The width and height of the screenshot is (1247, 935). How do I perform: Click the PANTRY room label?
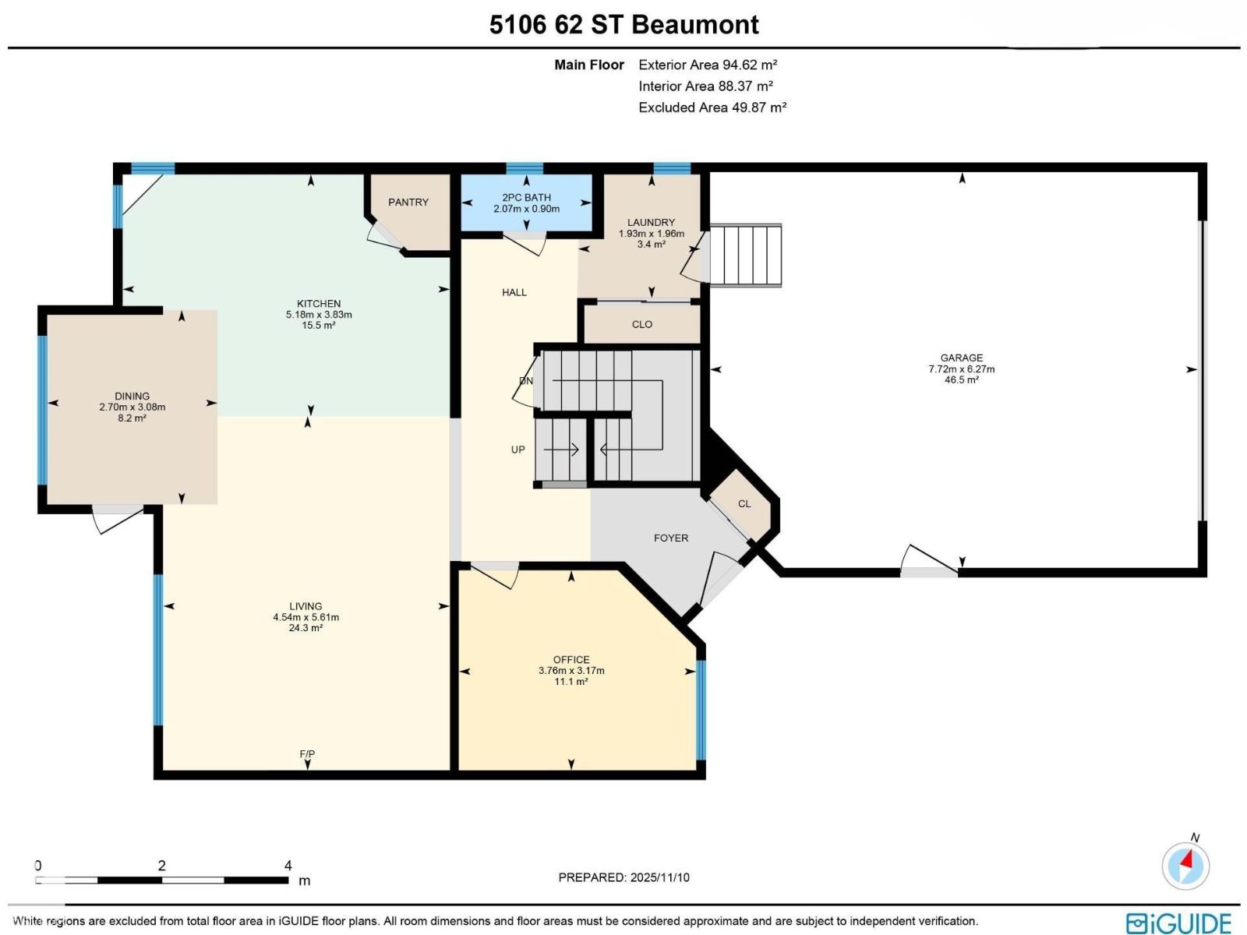tap(408, 203)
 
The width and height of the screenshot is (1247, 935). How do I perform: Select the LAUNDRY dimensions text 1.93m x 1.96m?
tap(651, 234)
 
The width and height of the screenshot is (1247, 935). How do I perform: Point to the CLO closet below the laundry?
tap(641, 324)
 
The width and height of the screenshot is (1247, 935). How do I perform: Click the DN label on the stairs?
tap(526, 381)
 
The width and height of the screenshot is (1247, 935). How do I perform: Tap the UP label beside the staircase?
tap(518, 450)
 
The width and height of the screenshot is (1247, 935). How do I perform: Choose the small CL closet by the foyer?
tap(744, 504)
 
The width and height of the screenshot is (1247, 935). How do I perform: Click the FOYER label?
tap(670, 538)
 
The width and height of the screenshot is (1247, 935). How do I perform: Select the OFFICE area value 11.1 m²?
tap(571, 682)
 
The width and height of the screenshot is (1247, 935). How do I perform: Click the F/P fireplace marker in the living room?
tap(307, 754)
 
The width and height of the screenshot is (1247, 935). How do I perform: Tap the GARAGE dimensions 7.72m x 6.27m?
tap(961, 369)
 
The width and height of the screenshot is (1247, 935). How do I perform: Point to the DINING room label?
tap(132, 396)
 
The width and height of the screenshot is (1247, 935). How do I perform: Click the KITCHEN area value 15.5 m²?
tap(318, 326)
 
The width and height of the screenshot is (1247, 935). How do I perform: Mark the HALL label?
tap(514, 292)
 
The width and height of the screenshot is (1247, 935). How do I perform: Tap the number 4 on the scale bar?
tap(288, 866)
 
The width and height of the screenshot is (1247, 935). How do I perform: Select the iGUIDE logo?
tap(1178, 923)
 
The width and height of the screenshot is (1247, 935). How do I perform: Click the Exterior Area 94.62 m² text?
tap(707, 65)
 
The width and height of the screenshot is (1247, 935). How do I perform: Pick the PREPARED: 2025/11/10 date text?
tap(623, 877)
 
